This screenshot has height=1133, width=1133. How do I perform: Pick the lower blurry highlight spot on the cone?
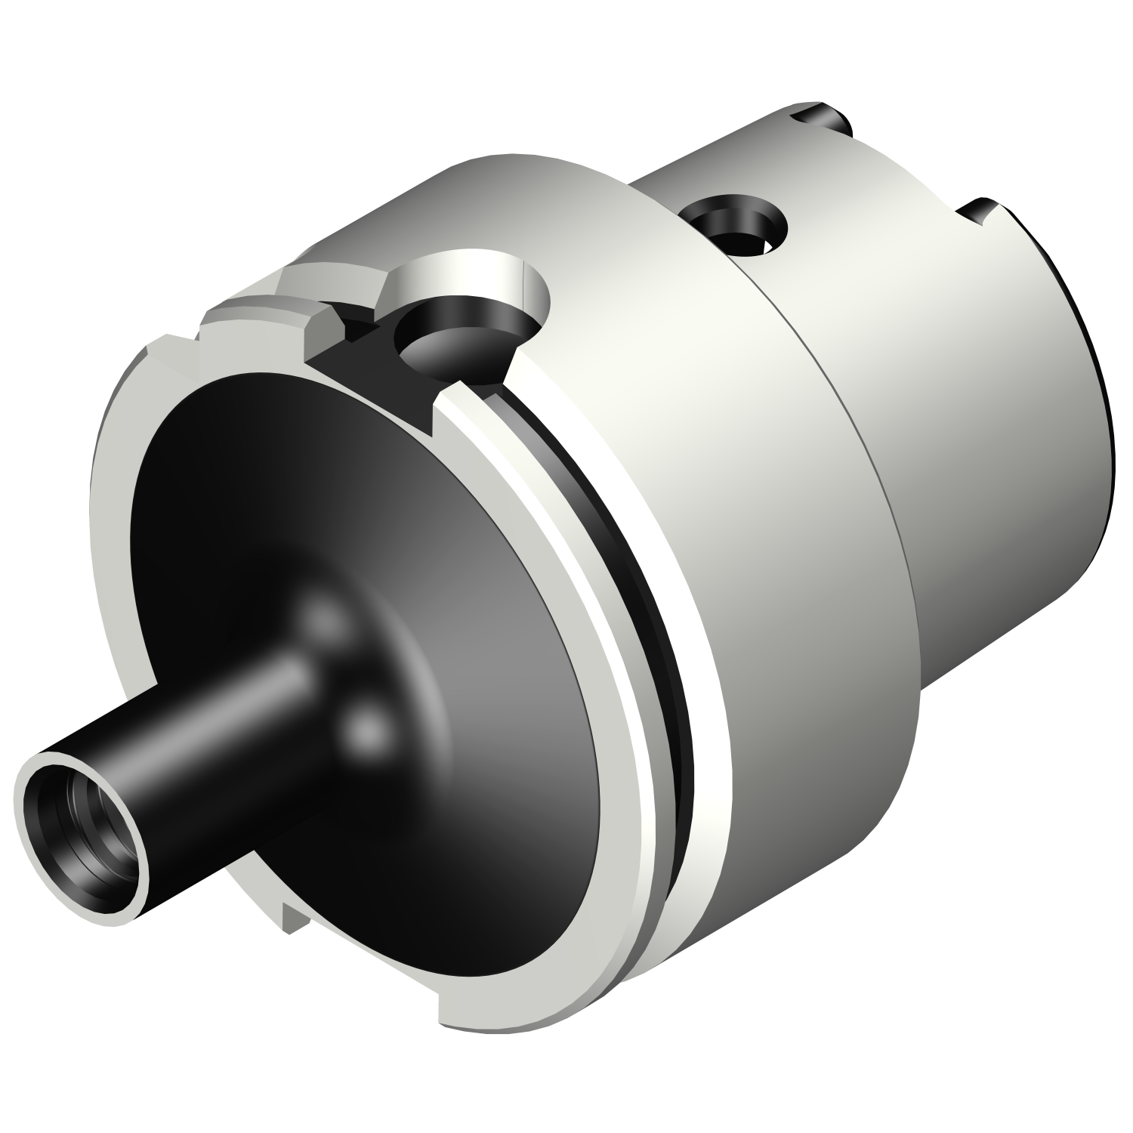point(368,730)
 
